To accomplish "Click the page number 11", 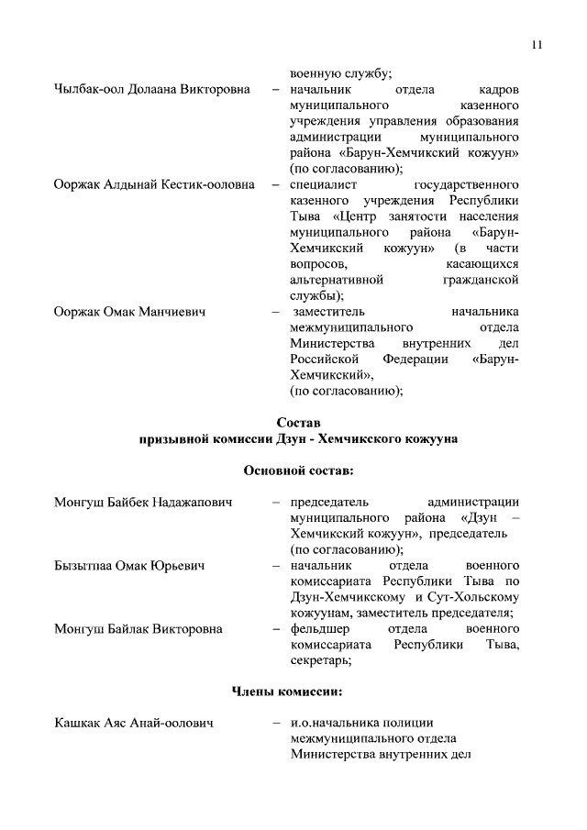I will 537,45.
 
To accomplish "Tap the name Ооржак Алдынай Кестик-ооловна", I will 153,184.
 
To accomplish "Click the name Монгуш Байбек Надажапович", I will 142,502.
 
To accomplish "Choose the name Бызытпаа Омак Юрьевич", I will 128,565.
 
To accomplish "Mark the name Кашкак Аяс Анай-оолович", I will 134,725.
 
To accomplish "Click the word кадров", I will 499,92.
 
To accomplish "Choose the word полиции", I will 409,725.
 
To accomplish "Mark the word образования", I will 479,123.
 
